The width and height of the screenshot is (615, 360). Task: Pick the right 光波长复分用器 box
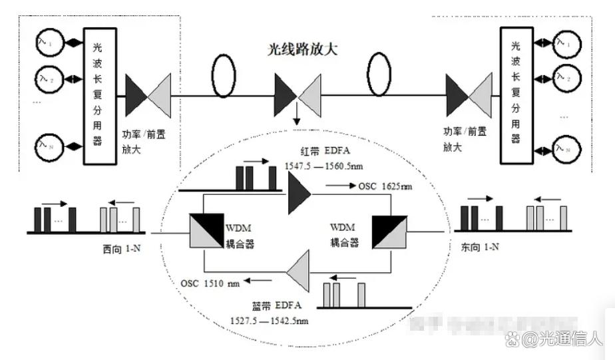pos(515,86)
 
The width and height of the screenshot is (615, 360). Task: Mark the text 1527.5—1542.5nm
pos(269,321)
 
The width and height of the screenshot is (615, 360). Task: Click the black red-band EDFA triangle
pos(299,198)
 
